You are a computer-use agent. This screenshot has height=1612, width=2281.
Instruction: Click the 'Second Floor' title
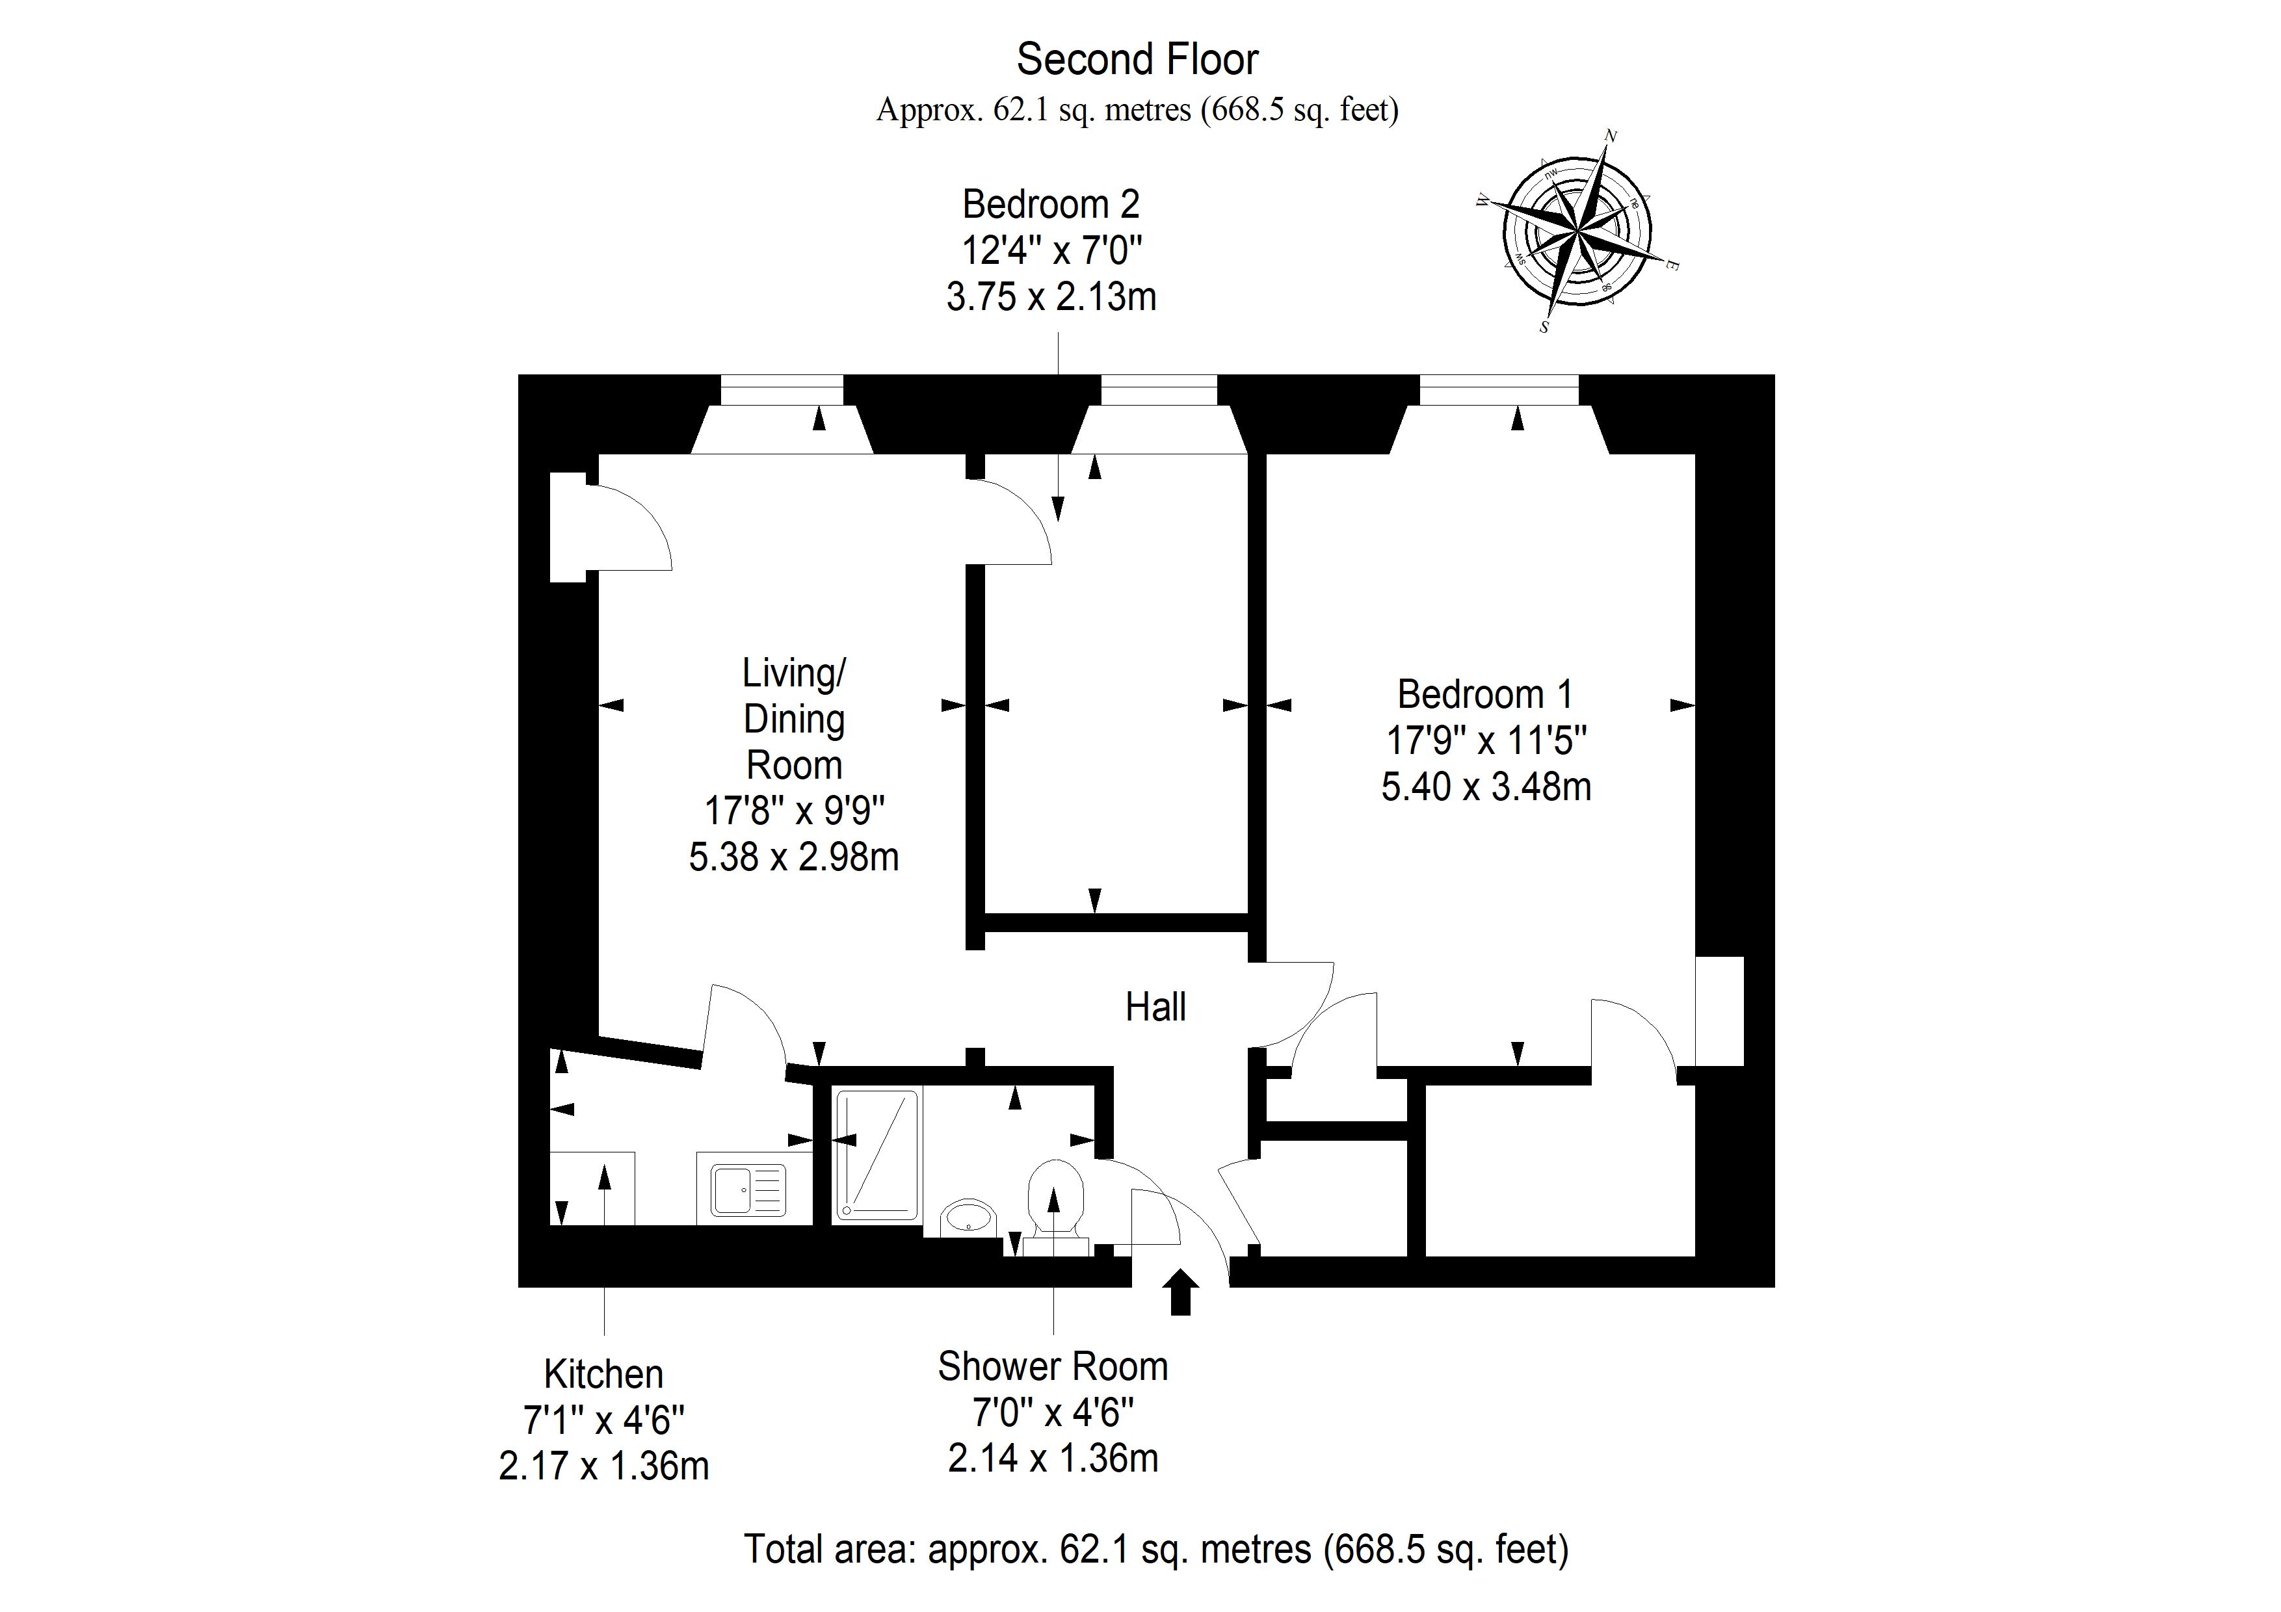[1137, 60]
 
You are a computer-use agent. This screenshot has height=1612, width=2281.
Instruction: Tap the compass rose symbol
[1577, 231]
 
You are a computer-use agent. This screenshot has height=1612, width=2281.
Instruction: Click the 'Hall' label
[1155, 1007]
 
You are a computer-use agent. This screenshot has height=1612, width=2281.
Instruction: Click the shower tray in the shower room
[877, 1154]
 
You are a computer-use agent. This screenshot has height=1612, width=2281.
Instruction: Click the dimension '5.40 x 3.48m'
[1486, 786]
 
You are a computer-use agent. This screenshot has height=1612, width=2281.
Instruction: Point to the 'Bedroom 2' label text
[1051, 205]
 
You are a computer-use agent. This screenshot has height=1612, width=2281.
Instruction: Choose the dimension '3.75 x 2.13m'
[1051, 297]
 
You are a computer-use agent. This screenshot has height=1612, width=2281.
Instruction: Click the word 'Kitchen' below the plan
[603, 1375]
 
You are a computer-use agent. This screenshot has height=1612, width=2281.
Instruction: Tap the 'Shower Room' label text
[1053, 1367]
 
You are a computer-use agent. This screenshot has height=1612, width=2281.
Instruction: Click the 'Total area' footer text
[1156, 1550]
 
